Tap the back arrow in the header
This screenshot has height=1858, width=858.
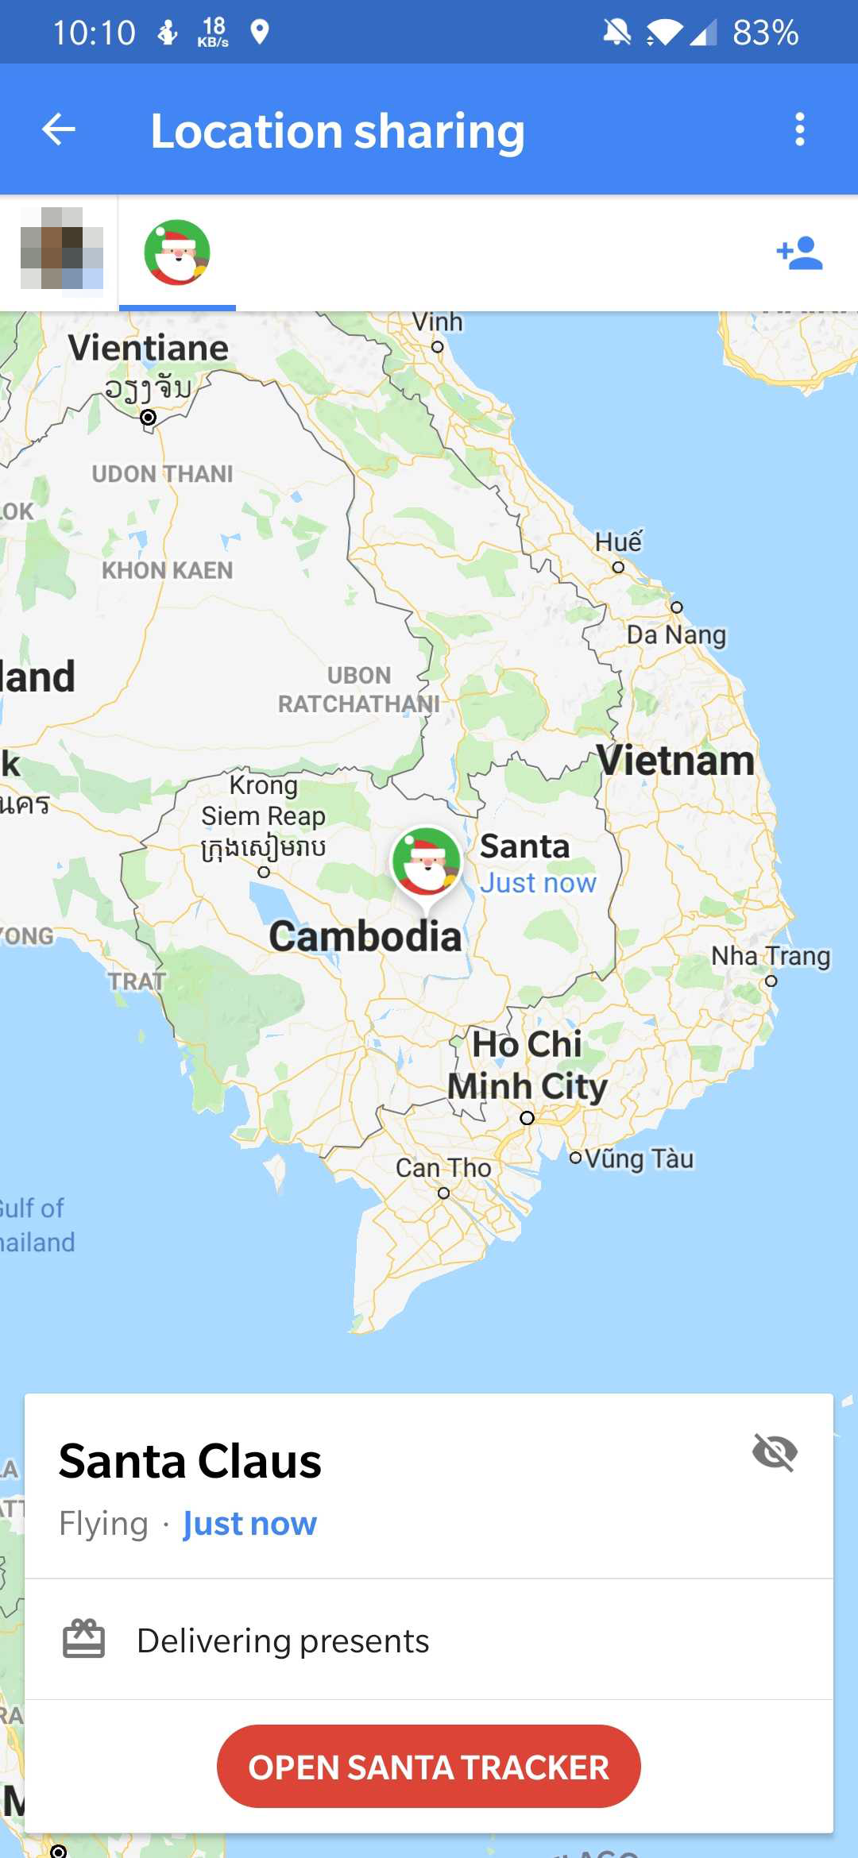click(x=59, y=129)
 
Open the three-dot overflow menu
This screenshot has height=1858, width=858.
click(x=799, y=129)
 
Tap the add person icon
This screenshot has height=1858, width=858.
click(x=799, y=253)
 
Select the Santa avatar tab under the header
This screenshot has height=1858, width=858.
click(x=177, y=252)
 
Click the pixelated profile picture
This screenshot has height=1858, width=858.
click(x=61, y=249)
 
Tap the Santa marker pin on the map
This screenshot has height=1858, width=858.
click(x=427, y=862)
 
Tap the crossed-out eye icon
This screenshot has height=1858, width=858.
click(x=775, y=1453)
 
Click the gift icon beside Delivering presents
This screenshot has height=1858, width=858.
click(x=83, y=1640)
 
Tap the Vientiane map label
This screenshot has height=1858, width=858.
click(x=149, y=348)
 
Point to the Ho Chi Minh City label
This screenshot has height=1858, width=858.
click(x=528, y=1065)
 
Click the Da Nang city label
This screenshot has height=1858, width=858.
click(x=676, y=634)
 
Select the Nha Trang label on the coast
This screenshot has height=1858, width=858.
click(x=771, y=956)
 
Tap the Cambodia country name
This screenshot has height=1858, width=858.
click(x=365, y=936)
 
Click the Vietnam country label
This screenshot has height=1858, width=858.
click(x=675, y=761)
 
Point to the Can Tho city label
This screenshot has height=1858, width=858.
click(x=443, y=1168)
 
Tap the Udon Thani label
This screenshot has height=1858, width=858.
click(x=163, y=474)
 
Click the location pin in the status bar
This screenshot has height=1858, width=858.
click(x=260, y=32)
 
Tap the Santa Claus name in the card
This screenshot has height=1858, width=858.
click(x=191, y=1461)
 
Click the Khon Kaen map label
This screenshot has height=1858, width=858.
click(x=168, y=570)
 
